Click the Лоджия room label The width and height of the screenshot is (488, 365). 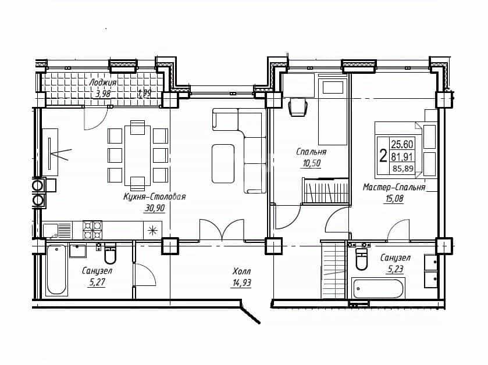coord(103,83)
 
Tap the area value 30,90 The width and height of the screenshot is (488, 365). coord(154,208)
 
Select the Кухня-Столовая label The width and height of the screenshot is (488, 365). coord(155,197)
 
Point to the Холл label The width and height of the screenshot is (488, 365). coord(241,271)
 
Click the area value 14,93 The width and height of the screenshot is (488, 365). coord(241,283)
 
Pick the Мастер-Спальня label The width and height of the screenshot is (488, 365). coord(394,187)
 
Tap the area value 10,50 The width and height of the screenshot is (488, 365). coord(311,163)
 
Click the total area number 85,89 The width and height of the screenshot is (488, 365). coord(402,169)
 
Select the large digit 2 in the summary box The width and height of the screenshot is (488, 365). coord(383,155)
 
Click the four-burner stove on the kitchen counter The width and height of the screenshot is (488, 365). coord(92,230)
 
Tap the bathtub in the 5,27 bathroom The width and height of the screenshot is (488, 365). coord(56,270)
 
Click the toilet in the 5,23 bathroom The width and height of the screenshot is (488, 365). coord(362,257)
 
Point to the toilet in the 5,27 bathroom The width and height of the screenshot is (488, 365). coord(110,254)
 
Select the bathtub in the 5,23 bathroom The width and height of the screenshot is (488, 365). coord(378,288)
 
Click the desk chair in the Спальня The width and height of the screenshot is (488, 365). coord(298,107)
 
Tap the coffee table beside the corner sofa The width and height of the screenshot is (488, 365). coord(223,163)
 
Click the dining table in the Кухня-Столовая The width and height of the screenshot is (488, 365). coord(138,155)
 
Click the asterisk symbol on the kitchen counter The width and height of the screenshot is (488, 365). coord(152,230)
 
